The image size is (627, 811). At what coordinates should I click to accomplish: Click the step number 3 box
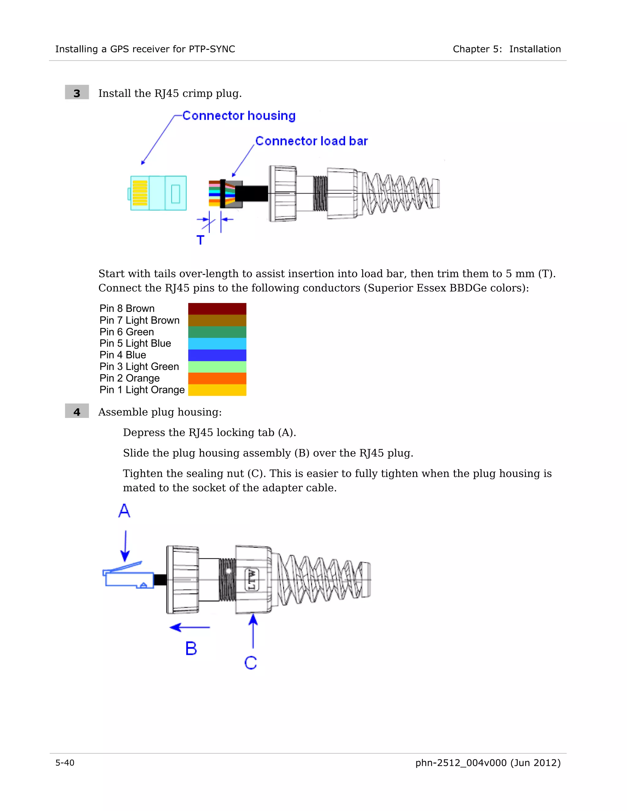pos(77,92)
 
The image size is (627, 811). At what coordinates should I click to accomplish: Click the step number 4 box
pos(77,411)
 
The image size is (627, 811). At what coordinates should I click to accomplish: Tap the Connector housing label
pos(239,116)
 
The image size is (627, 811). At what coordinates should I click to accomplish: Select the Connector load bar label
pos(311,141)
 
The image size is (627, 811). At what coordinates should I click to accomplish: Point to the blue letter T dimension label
pos(200,240)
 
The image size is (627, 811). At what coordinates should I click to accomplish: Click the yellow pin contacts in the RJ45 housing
pos(140,193)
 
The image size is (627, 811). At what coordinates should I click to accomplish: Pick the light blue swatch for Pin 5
pos(217,343)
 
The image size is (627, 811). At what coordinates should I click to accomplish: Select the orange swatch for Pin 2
pos(217,378)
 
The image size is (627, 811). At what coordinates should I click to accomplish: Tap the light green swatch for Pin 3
pos(217,367)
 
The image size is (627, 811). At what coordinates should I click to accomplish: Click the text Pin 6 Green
pos(127,332)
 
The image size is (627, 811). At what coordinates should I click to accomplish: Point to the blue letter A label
pos(124,511)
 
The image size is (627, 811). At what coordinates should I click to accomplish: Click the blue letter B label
pos(191,649)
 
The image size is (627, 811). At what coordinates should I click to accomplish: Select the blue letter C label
pos(251,663)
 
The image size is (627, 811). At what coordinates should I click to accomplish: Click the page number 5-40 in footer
pos(65,763)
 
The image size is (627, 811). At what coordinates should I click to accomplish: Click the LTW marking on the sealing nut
pos(251,580)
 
